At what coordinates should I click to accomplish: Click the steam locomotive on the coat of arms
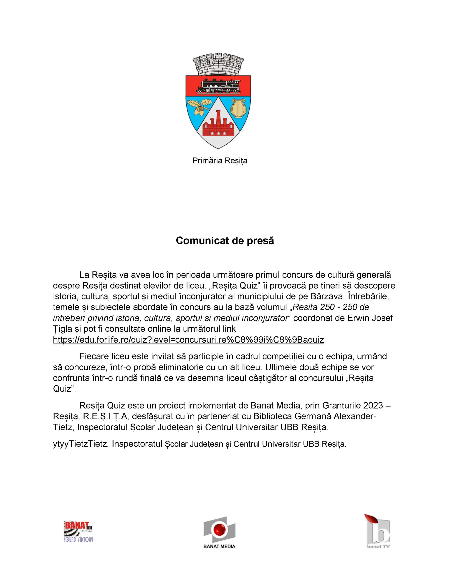[218, 86]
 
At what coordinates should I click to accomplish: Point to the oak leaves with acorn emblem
[200, 106]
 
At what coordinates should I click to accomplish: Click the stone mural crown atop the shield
[218, 64]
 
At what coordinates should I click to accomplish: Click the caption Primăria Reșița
[220, 161]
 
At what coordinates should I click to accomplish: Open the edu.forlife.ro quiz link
[188, 340]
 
